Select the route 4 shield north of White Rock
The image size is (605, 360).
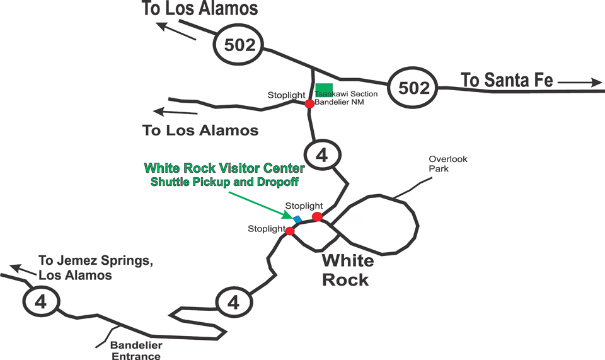(323, 155)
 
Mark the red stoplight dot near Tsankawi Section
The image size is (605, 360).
(309, 103)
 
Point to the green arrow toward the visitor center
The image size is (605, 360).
(258, 202)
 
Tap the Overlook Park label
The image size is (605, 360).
(447, 164)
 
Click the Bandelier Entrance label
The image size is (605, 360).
(136, 351)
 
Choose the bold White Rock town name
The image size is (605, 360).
(347, 270)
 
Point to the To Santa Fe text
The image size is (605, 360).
(507, 81)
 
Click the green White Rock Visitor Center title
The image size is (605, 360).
(224, 169)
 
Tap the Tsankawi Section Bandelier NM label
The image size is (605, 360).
(347, 98)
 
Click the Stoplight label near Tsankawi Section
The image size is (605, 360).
(286, 95)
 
